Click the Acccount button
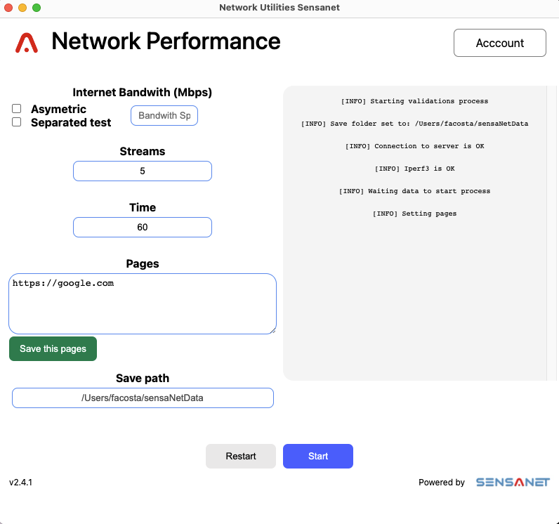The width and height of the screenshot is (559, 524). coord(499,43)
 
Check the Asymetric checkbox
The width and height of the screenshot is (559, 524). coord(16,108)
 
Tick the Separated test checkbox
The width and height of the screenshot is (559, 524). coord(16,122)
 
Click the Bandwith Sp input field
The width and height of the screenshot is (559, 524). coord(164,115)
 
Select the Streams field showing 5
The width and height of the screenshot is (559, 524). coord(143,171)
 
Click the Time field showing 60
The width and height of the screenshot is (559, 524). coord(143,227)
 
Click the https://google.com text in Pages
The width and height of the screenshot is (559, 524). coord(63,283)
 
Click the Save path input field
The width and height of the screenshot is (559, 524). coord(143,398)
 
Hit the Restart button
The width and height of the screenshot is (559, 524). coord(241,457)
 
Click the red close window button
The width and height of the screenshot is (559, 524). coord(8,8)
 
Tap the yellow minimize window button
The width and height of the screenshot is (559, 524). coord(22,8)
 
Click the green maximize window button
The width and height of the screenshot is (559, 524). coord(37,8)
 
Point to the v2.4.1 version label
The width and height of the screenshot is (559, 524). coord(20,483)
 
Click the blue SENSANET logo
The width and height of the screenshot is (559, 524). coord(513,483)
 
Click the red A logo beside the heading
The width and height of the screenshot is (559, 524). coord(27,43)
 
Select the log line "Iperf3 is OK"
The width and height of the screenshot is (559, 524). coord(414,169)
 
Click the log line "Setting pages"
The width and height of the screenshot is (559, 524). coord(414,214)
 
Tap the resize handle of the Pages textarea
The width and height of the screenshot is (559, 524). coord(272,331)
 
